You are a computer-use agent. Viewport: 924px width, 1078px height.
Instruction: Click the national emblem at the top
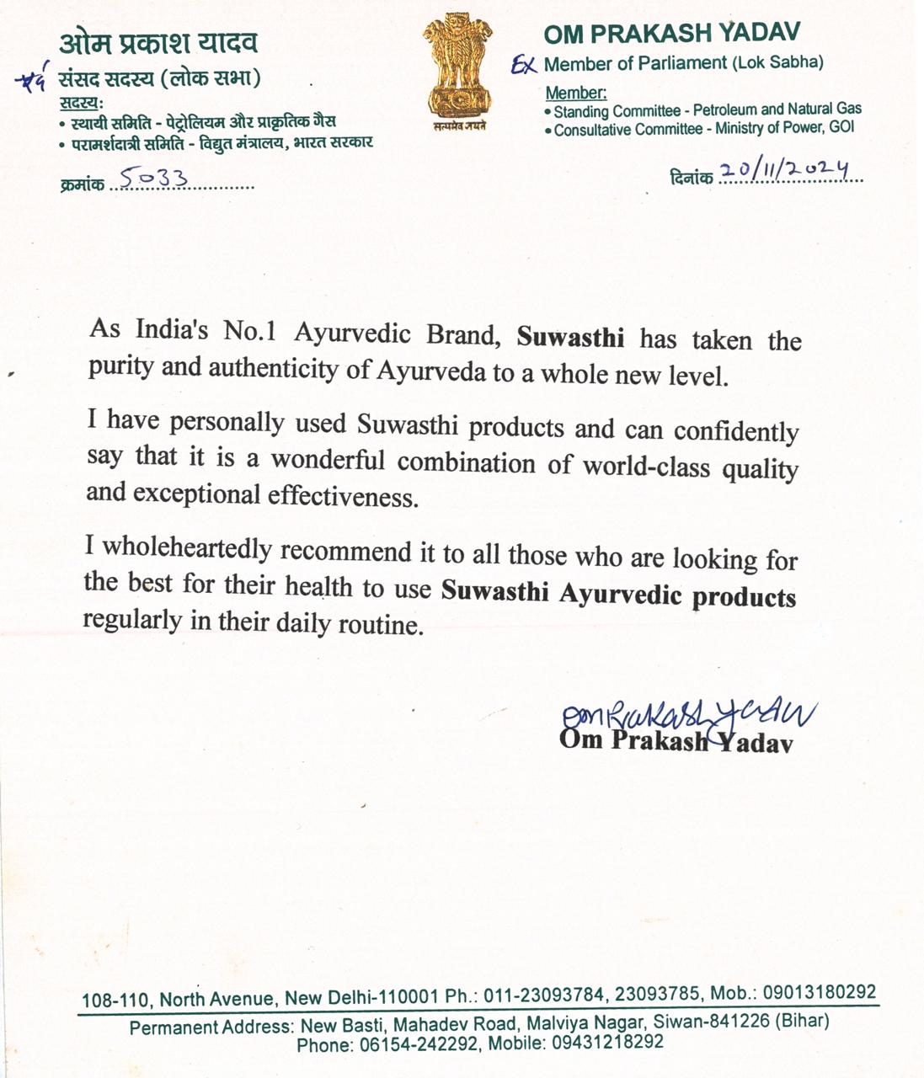tap(458, 72)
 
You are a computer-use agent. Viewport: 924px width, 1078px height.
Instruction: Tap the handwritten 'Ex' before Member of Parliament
tap(524, 65)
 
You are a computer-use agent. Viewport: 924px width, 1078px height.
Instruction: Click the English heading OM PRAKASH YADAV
tap(671, 34)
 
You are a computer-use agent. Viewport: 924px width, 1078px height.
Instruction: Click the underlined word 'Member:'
tap(576, 93)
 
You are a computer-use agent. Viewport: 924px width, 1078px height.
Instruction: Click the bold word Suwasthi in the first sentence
tap(570, 338)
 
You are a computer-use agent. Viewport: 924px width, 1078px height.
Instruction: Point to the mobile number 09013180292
tap(820, 993)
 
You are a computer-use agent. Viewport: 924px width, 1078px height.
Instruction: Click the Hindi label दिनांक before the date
tap(692, 178)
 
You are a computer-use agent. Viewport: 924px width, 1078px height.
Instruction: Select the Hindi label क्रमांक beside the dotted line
tap(82, 184)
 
